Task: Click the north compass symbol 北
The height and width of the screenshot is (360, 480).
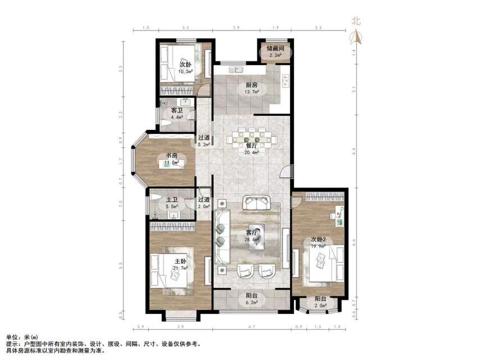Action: (356, 22)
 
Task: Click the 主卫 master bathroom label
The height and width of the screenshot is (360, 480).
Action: (172, 199)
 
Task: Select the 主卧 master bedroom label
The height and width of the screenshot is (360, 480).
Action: (180, 261)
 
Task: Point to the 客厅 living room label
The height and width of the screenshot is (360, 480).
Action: (253, 232)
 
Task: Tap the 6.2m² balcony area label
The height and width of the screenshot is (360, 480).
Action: (252, 302)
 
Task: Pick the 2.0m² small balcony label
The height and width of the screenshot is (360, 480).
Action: (321, 306)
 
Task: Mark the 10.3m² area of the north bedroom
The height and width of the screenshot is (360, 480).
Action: (185, 72)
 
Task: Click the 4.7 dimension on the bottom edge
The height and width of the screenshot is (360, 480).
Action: (252, 327)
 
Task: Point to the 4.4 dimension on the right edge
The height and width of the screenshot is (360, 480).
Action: (354, 151)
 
